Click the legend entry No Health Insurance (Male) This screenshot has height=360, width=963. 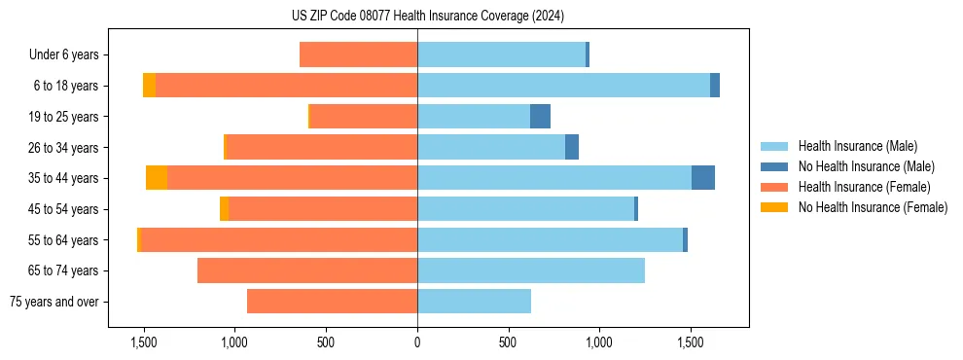coord(866,166)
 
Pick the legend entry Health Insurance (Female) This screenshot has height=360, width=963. coord(864,187)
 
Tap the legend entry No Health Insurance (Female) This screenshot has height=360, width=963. coord(873,207)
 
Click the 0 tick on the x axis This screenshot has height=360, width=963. coord(417,342)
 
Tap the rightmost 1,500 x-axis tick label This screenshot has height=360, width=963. coord(691,342)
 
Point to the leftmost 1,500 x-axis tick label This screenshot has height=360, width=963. coord(144,342)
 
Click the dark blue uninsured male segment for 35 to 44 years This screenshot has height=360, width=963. coord(703,178)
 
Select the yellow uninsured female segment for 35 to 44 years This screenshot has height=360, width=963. coord(157,178)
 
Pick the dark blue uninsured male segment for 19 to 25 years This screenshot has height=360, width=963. coord(540,117)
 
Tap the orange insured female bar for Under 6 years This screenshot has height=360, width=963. coord(358,55)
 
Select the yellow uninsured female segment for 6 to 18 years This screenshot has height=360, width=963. coord(149,86)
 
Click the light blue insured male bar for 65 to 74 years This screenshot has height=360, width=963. coord(531,270)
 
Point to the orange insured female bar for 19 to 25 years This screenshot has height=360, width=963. coord(364,117)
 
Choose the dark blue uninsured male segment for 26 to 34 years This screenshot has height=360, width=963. coord(572,147)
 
